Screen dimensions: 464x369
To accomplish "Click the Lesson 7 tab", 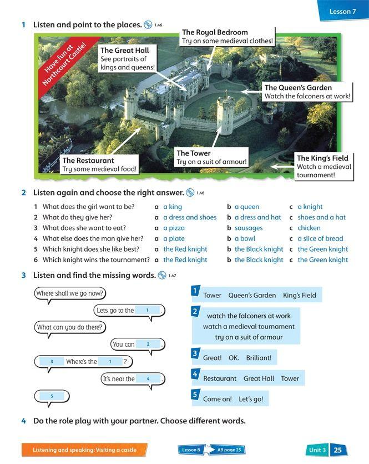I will point(342,11).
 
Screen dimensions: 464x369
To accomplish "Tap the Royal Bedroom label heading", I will point(215,32).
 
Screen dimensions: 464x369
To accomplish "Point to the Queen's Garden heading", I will point(298,87).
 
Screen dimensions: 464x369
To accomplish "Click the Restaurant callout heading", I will point(88,161).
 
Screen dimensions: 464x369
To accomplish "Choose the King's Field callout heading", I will point(322,158).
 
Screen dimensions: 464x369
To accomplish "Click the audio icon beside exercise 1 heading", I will point(148,24).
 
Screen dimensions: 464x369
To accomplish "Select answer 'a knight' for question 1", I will point(310,207).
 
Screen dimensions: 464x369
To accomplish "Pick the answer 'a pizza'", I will point(174,228).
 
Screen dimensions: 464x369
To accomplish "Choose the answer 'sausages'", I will point(248,228).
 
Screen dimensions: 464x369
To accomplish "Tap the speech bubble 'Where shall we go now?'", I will point(70,293).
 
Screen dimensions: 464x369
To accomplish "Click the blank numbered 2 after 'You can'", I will point(148,345).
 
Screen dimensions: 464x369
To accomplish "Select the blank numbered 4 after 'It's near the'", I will point(148,379).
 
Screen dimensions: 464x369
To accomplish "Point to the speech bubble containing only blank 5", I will point(52,397).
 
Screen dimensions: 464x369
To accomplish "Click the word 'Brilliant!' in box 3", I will point(259,358).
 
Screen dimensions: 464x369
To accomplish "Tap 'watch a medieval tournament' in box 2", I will point(249,327).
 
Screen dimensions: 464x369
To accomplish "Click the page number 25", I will point(337,450).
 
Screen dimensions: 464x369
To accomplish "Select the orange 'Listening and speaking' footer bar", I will point(84,450).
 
